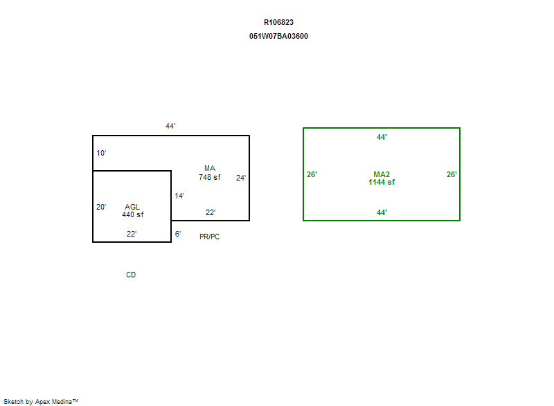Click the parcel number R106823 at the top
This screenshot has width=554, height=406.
278,22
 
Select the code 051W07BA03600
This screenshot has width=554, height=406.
278,36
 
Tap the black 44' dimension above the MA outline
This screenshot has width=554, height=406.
170,126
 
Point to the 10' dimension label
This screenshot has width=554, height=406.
101,153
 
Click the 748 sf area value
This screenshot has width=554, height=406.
210,177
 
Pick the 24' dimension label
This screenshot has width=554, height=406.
241,178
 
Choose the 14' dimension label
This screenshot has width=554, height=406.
179,196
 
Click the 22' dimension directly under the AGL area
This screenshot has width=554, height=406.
132,234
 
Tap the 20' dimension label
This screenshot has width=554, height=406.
101,207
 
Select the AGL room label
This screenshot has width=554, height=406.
132,207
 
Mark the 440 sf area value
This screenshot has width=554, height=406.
132,214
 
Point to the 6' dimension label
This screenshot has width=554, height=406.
178,234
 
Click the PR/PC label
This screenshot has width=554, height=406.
210,237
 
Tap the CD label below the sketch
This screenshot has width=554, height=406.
131,275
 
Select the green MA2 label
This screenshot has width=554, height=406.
382,174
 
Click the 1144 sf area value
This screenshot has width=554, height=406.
382,182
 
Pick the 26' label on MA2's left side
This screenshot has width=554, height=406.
312,174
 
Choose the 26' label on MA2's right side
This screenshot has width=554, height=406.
452,174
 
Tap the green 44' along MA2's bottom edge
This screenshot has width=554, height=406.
382,212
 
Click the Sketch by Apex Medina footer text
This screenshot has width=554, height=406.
41,401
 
